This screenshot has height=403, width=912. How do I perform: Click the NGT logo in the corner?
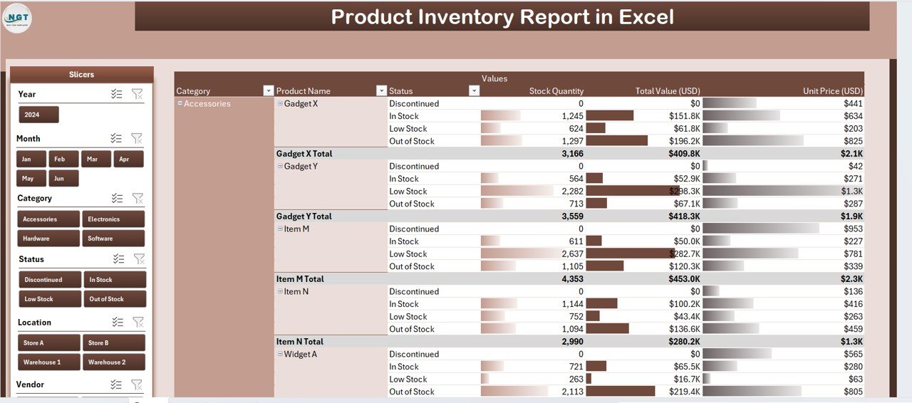point(17,18)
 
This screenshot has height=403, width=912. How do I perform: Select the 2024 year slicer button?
point(38,115)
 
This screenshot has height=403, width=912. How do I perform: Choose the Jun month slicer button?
point(63,178)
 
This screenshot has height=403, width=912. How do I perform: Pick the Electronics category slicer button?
point(113,219)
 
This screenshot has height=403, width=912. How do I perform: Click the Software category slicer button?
point(113,239)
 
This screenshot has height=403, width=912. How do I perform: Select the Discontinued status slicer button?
point(48,280)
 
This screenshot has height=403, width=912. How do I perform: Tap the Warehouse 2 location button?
point(114,362)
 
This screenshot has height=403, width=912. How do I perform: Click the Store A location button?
point(48,342)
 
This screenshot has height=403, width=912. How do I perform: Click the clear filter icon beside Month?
point(138,138)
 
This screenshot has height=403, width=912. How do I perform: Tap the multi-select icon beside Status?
point(118,259)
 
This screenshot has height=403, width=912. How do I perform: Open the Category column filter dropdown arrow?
point(268,90)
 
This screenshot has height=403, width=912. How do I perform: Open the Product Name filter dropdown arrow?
point(381,90)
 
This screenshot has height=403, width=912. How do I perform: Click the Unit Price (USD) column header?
point(832,90)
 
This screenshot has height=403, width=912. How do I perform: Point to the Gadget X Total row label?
point(304,153)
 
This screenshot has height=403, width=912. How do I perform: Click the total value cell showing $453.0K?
point(683,278)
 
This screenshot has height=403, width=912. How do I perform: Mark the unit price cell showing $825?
point(852,141)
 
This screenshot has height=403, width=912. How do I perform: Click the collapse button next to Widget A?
point(280,354)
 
